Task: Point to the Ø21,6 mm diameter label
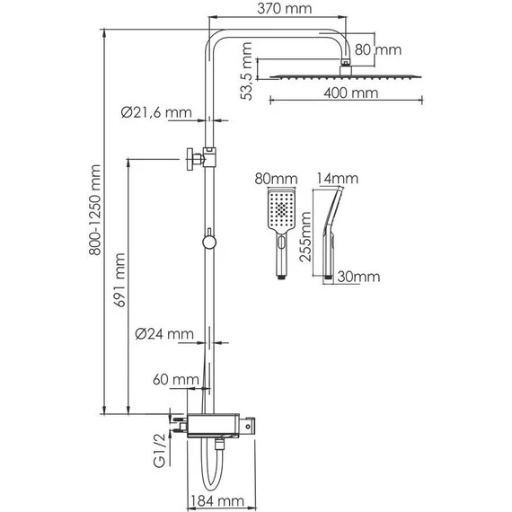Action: click(156, 114)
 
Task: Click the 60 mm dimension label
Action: click(175, 381)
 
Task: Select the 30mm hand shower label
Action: click(358, 278)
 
